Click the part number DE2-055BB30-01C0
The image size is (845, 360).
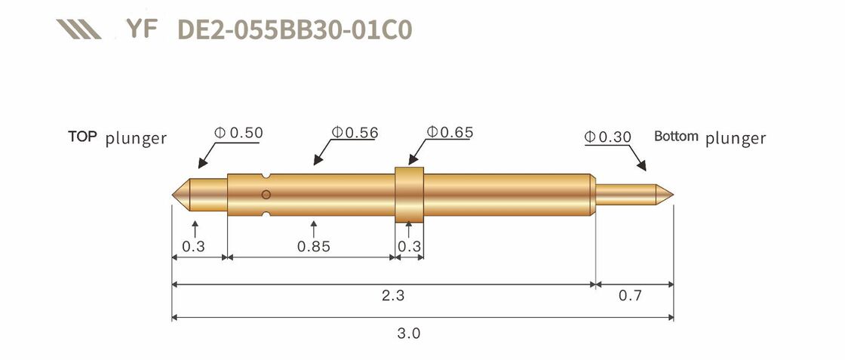point(294,29)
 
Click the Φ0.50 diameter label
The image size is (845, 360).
point(238,133)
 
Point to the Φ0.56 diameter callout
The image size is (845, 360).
point(354,133)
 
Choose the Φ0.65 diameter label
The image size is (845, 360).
point(450,133)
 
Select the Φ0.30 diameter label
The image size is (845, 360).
point(608,137)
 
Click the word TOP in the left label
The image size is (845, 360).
point(83,137)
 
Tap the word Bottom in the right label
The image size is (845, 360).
point(677,137)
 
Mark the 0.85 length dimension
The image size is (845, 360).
point(313,247)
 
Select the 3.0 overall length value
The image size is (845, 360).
point(408,332)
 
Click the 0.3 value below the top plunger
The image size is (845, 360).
point(194,247)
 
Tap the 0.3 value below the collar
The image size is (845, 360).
point(409,247)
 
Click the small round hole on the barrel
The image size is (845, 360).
point(266,195)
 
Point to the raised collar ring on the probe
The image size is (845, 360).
point(410,195)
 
